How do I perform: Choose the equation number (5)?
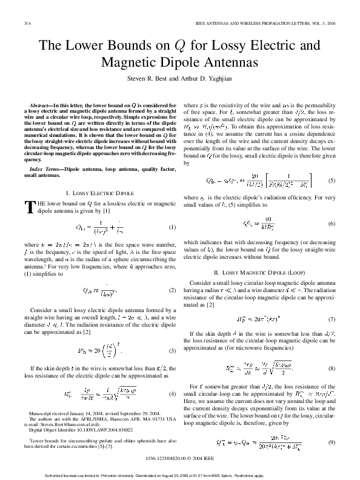pyautogui.click(x=332, y=181)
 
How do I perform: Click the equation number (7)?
pyautogui.click(x=332, y=319)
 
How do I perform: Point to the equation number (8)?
pyautogui.click(x=332, y=368)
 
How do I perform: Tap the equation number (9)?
pyautogui.click(x=332, y=425)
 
